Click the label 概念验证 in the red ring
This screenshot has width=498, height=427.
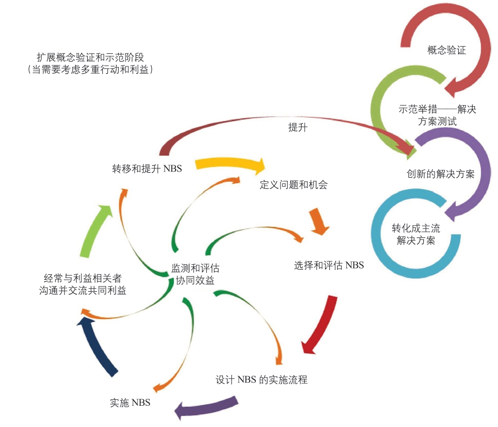447,50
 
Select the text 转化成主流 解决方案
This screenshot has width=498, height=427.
416,234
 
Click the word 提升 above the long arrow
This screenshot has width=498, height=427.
297,128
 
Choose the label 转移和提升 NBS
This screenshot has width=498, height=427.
147,169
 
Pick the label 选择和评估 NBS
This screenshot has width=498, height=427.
328,265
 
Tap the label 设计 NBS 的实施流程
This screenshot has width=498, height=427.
261,380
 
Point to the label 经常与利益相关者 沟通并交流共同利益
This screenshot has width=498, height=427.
82,285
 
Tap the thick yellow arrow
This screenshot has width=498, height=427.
231,165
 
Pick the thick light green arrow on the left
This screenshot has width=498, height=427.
94,230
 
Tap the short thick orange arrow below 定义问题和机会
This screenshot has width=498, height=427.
318,221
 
